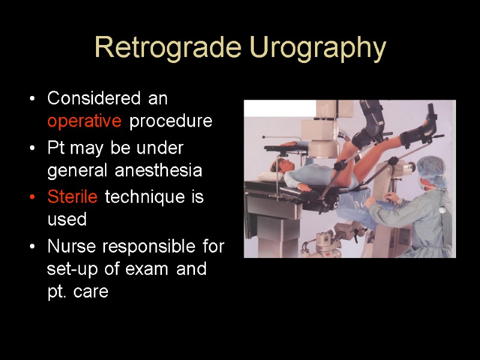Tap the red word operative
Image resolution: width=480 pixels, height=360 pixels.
click(85, 121)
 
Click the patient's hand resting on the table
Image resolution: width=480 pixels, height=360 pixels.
click(305, 187)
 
